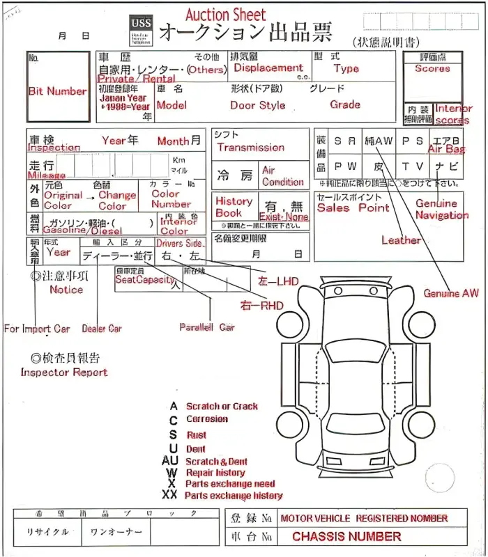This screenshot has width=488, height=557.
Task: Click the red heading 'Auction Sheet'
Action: click(x=225, y=15)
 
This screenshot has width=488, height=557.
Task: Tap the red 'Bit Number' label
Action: click(x=57, y=91)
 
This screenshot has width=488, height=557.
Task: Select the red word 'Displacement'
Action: click(x=268, y=68)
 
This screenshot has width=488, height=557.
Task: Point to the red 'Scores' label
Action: click(x=432, y=68)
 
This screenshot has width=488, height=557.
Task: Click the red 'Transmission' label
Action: click(x=250, y=148)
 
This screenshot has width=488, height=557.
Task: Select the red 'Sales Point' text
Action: click(x=353, y=207)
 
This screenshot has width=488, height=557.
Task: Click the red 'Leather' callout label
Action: click(x=401, y=240)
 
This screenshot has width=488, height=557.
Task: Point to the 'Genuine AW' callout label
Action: click(x=451, y=293)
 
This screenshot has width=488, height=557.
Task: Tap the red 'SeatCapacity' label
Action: click(x=144, y=279)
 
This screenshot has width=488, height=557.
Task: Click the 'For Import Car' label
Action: click(x=37, y=329)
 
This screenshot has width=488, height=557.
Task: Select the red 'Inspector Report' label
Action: click(x=64, y=372)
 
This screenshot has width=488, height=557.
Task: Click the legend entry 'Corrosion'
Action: click(x=207, y=419)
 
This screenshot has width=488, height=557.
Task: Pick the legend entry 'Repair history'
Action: click(x=215, y=472)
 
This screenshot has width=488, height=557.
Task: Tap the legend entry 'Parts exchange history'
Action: click(x=234, y=496)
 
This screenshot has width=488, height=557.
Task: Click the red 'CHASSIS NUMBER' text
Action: click(x=346, y=537)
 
